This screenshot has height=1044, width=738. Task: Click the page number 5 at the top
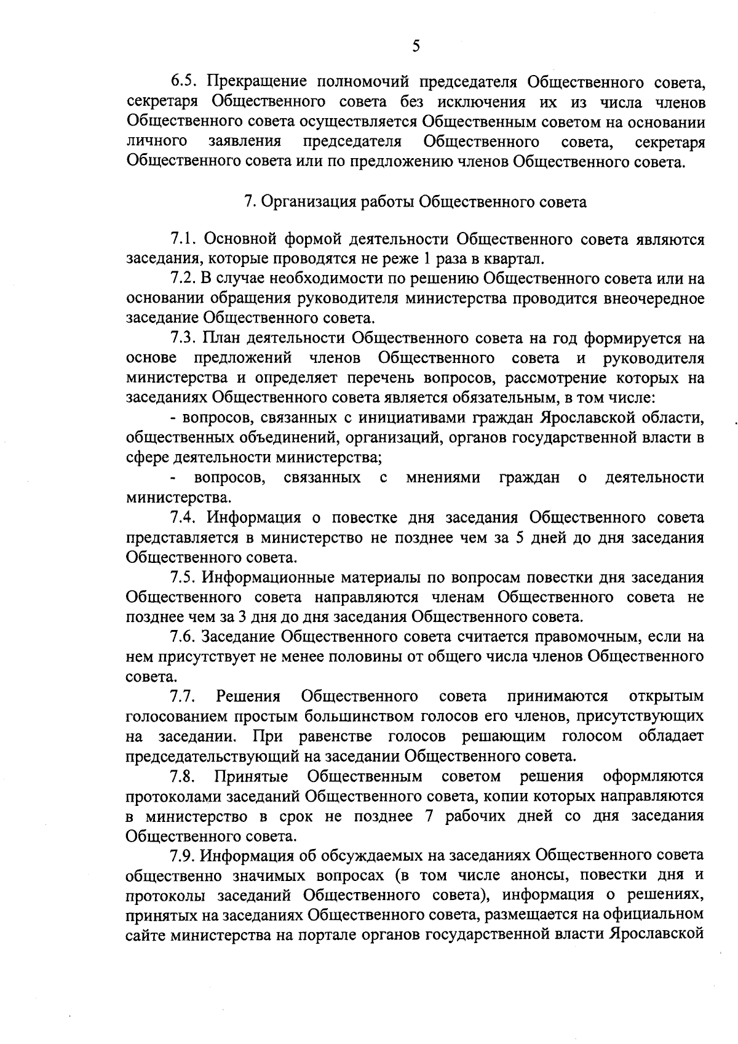[416, 46]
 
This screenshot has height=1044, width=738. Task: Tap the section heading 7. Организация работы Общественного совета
[416, 202]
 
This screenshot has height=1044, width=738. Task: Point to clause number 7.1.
[183, 239]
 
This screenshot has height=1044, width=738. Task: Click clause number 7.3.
[183, 338]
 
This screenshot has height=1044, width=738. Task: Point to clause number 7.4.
[183, 518]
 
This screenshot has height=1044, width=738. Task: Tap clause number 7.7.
[183, 696]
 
